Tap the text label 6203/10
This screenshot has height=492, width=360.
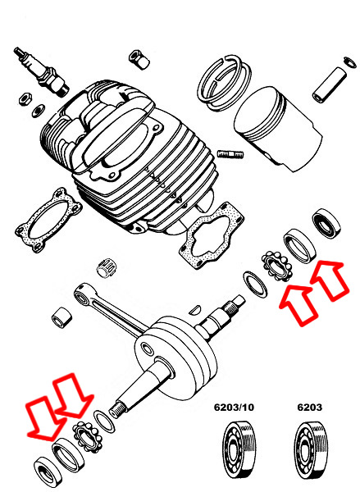tap(234, 408)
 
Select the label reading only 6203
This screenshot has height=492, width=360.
tap(309, 408)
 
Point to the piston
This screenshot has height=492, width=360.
tap(278, 129)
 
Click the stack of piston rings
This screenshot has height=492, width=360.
tap(224, 83)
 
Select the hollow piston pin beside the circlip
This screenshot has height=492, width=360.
tap(330, 84)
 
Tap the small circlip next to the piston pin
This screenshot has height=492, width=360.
tap(350, 61)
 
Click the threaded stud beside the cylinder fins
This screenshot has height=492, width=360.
tap(230, 154)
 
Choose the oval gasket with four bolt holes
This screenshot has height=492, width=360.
tap(48, 220)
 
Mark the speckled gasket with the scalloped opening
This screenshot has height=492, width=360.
tap(212, 234)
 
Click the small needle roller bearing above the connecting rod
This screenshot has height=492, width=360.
tap(104, 267)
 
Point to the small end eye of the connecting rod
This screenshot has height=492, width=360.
tap(82, 294)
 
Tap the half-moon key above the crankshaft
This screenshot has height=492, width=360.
tap(195, 309)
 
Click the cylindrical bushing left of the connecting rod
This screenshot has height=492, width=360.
tap(62, 317)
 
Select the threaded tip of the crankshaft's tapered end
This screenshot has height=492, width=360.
tap(116, 409)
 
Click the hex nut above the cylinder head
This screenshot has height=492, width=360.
tap(139, 59)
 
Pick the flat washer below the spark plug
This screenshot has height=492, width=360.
tap(39, 111)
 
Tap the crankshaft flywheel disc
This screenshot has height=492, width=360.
tap(175, 358)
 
